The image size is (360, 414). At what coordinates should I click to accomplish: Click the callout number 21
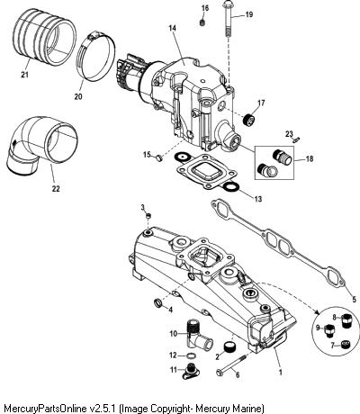[x=24, y=75]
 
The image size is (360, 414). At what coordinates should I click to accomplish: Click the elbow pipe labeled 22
[x=42, y=146]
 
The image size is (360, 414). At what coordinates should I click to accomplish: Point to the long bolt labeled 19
[x=229, y=20]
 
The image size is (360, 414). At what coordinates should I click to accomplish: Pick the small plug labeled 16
[x=203, y=22]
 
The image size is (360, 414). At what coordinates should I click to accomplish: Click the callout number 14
[x=172, y=28]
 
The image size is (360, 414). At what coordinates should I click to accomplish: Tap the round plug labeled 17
[x=248, y=120]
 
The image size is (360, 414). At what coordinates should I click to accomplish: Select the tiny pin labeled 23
[x=296, y=139]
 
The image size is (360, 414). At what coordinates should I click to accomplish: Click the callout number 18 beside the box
[x=309, y=158]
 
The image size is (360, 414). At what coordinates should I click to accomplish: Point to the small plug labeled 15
[x=159, y=157]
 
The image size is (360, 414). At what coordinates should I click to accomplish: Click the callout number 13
[x=258, y=199]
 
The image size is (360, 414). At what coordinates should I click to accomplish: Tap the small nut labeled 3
[x=148, y=215]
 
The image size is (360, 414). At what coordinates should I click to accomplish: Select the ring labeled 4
[x=157, y=303]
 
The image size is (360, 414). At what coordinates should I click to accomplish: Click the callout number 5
[x=355, y=299]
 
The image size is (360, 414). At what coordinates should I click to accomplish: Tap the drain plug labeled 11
[x=190, y=372]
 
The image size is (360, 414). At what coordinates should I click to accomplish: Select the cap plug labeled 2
[x=230, y=347]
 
